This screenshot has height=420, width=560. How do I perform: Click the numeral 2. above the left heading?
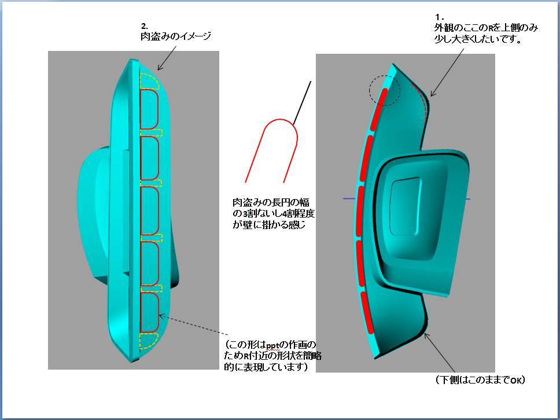click(x=145, y=26)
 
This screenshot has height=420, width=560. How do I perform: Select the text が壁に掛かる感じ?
click(x=268, y=225)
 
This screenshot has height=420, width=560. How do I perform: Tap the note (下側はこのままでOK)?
click(x=480, y=380)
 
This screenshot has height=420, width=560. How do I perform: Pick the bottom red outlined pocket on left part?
click(x=150, y=313)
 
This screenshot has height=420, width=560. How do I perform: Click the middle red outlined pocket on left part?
click(x=150, y=211)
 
